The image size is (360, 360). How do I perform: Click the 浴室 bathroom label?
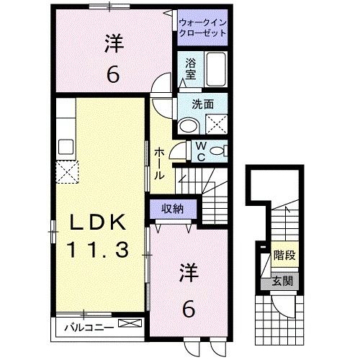click(x=190, y=68)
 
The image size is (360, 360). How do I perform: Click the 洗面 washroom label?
click(x=202, y=104)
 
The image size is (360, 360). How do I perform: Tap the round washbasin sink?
click(x=189, y=127)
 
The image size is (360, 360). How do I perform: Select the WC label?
click(x=202, y=152)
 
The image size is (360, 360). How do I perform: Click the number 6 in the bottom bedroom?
click(x=189, y=308)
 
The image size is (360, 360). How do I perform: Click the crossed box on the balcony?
click(x=130, y=325)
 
